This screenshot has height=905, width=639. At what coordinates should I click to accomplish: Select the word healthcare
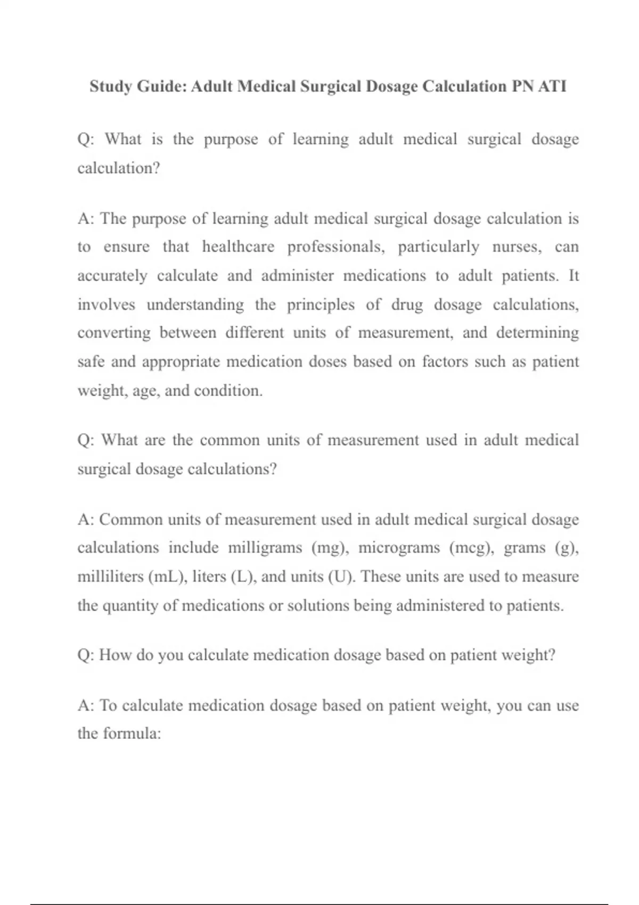238,247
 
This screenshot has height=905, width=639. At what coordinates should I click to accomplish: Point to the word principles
321,305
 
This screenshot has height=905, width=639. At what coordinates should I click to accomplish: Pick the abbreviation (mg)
330,548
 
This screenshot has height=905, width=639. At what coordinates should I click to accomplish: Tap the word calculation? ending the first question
118,168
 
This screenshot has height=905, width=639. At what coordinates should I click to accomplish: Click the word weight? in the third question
529,655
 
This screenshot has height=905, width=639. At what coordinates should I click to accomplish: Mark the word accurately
112,276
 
